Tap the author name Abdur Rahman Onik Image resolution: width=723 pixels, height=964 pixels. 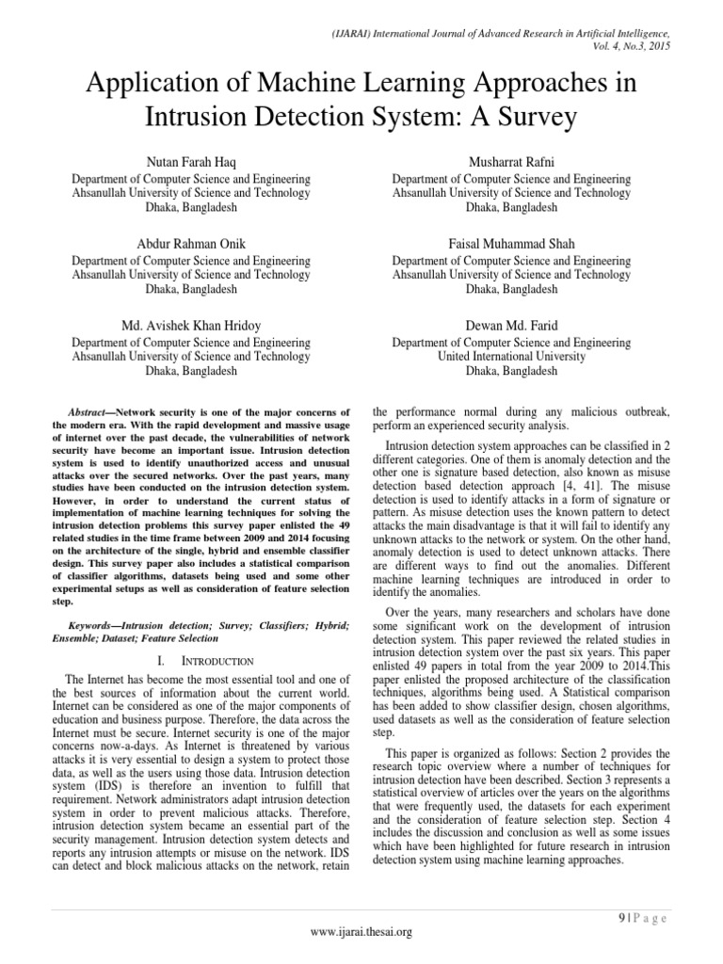tap(191, 244)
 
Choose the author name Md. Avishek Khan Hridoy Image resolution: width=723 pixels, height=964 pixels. tap(191, 326)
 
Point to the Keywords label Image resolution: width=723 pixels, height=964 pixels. tap(98, 626)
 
